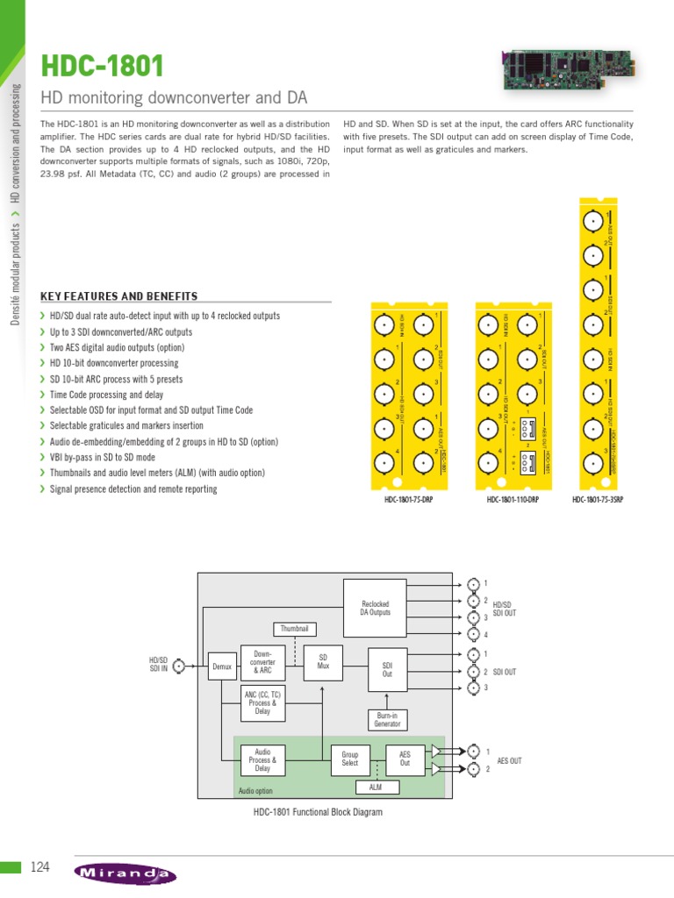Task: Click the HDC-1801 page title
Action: [103, 66]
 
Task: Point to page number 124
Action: [40, 867]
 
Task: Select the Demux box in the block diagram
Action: [221, 666]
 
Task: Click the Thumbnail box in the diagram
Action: [295, 629]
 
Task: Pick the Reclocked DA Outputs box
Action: [376, 609]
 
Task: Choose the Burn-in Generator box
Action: [387, 720]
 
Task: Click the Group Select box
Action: [350, 759]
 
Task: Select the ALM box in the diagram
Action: [375, 788]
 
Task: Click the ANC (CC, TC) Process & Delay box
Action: [262, 703]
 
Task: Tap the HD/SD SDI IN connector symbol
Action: [179, 666]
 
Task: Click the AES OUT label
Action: [509, 760]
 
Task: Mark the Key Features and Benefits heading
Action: [119, 296]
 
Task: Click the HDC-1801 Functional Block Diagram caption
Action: [318, 812]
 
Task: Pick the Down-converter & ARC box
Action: [262, 664]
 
